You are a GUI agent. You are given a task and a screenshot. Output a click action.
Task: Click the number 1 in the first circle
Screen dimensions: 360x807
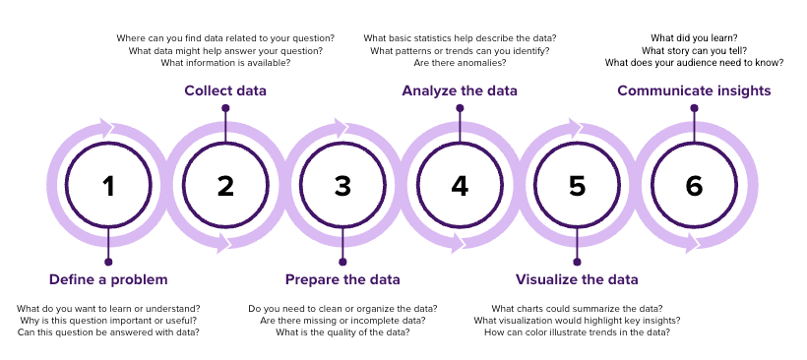[x=108, y=186]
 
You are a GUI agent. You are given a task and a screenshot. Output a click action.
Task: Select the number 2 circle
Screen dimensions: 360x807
[x=225, y=186]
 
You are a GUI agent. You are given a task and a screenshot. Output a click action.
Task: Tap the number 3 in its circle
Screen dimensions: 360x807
[x=342, y=186]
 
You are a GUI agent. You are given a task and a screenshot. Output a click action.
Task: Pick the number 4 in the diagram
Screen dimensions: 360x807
[x=460, y=186]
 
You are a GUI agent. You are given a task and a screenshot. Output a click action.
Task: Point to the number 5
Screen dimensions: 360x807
[x=577, y=186]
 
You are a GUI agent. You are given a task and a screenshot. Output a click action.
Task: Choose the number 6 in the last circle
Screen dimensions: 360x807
[x=694, y=186]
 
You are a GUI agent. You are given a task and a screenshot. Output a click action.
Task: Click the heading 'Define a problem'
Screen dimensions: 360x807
[x=108, y=278]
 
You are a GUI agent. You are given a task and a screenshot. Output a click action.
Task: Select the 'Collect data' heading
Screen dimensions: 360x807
[x=225, y=91]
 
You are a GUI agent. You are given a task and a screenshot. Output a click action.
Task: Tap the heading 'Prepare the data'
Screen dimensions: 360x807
[x=342, y=278]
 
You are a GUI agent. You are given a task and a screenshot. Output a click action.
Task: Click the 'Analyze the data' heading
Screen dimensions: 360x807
[x=460, y=91]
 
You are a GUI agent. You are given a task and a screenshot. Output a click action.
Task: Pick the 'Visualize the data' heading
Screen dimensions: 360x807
[x=577, y=278]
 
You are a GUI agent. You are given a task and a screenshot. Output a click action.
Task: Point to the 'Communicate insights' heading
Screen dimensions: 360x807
[x=694, y=91]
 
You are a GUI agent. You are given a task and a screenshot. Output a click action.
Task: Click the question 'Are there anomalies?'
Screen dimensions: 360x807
[x=460, y=63]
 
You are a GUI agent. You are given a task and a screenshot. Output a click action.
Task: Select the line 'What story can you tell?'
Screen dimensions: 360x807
[x=694, y=50]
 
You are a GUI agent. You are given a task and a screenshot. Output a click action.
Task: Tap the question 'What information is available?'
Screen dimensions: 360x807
[x=225, y=63]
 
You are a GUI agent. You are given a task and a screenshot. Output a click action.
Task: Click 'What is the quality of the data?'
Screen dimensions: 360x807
[x=342, y=332]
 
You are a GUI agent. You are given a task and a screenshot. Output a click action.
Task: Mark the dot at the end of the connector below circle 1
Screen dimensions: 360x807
[x=108, y=262]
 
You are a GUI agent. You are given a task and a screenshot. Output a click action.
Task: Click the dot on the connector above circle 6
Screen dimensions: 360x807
[x=694, y=108]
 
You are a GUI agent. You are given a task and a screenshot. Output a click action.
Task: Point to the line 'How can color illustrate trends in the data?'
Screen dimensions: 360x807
[x=577, y=332]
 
